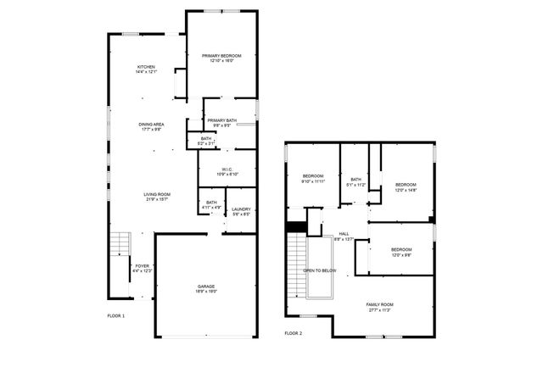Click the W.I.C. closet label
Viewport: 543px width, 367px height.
(227, 171)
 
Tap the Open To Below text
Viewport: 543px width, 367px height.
(320, 270)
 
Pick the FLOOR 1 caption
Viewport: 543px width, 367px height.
(116, 316)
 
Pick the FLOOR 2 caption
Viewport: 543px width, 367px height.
(294, 333)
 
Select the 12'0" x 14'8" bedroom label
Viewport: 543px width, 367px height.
(406, 186)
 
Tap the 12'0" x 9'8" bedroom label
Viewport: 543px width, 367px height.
(401, 251)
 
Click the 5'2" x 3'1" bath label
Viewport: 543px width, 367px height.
(206, 141)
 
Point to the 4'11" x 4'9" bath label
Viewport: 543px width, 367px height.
(211, 203)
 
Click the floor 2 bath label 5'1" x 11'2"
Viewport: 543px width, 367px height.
(356, 181)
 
